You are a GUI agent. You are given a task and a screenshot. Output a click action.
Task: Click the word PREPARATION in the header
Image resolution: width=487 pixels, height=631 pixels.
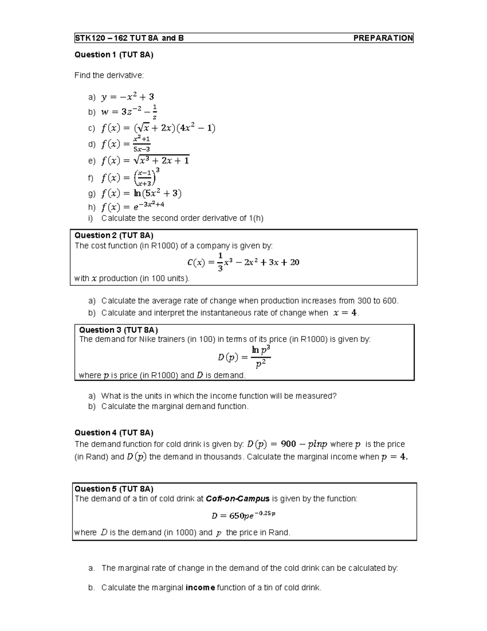pos(383,38)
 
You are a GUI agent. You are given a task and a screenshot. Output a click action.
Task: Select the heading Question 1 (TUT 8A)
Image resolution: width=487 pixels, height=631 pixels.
pos(114,55)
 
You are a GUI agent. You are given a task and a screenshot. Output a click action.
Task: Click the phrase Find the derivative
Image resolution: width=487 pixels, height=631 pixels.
pos(109,75)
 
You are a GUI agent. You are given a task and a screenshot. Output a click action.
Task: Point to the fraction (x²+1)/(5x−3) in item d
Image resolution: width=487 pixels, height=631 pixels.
pos(142,144)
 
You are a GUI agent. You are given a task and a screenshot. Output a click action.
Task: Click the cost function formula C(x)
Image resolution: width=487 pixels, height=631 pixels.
pos(243,262)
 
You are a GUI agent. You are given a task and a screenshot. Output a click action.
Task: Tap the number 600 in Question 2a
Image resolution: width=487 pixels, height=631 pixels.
pos(390,301)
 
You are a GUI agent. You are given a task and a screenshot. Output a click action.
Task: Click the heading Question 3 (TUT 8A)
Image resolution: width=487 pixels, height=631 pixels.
pos(119,330)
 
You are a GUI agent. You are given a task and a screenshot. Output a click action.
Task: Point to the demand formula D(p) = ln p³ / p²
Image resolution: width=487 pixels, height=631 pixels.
pos(244,357)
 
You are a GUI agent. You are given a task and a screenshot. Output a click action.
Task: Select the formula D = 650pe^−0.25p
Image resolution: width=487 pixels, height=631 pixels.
pos(243,516)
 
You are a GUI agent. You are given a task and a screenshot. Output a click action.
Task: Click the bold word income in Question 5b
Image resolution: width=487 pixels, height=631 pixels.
pos(200,588)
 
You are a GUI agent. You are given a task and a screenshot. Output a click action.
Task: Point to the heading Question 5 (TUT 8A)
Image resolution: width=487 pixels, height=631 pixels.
pos(114,489)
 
